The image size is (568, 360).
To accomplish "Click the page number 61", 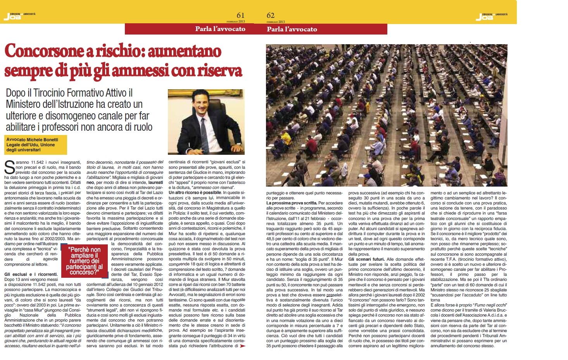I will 240,16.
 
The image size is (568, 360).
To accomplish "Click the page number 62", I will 271,16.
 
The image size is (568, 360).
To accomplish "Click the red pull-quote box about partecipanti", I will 85,261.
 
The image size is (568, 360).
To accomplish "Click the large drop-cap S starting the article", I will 9,167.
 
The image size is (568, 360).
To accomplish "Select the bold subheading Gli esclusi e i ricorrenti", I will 31,274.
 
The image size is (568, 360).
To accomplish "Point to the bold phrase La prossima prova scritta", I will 292,203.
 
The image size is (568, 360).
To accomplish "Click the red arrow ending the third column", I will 243,346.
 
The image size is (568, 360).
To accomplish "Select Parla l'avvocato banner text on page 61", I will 220,29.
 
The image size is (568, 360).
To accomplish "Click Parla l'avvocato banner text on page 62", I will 292,29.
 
